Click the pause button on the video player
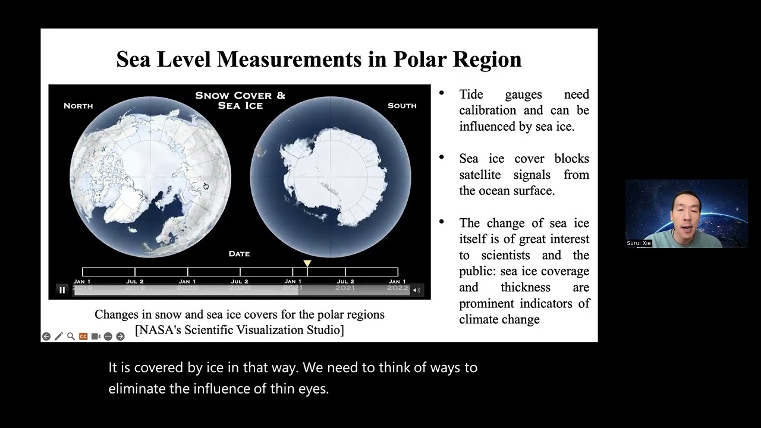pyautogui.click(x=62, y=290)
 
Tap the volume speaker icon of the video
pyautogui.click(x=416, y=290)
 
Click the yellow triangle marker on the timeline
pyautogui.click(x=307, y=263)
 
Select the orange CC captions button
pyautogui.click(x=83, y=336)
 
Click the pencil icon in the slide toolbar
pyautogui.click(x=58, y=336)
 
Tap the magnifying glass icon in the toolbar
pyautogui.click(x=71, y=336)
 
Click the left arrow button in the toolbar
pyautogui.click(x=46, y=336)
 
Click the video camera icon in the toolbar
pyautogui.click(x=96, y=336)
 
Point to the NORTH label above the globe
pyautogui.click(x=78, y=106)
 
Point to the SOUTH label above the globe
pyautogui.click(x=402, y=106)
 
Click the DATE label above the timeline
pyautogui.click(x=239, y=254)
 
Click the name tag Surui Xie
pyautogui.click(x=639, y=243)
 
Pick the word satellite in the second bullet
pyautogui.click(x=480, y=175)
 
